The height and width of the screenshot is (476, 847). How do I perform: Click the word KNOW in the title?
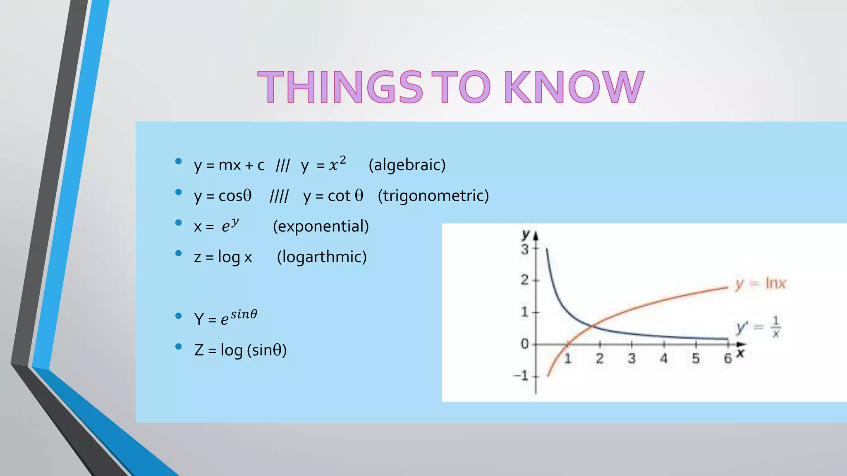coord(574,87)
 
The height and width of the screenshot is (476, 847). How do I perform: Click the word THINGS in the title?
coord(340,87)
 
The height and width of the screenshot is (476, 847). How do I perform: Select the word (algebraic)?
coord(407,165)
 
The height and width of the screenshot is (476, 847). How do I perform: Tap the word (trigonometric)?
coord(433,195)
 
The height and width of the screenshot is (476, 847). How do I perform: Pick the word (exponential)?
coord(321,226)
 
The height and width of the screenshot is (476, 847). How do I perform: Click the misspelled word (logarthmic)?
coord(322,257)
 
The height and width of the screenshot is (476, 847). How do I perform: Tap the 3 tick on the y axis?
coord(525,249)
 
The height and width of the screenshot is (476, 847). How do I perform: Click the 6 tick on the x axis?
coord(727,358)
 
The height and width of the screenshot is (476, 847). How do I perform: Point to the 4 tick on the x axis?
coord(663,358)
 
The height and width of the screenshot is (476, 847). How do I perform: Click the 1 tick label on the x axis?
coord(567,358)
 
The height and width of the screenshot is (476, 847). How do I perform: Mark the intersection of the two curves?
coord(592,326)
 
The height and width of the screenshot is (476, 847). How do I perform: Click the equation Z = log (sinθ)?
coord(240,350)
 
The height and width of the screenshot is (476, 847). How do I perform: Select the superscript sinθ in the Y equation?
coord(244,314)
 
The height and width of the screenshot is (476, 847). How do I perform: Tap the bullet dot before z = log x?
coord(178,253)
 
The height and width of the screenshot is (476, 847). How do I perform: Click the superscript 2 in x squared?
coord(342,159)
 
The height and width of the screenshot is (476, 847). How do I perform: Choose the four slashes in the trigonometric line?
coord(279,196)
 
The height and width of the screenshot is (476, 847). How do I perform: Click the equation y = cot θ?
coord(333,196)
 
